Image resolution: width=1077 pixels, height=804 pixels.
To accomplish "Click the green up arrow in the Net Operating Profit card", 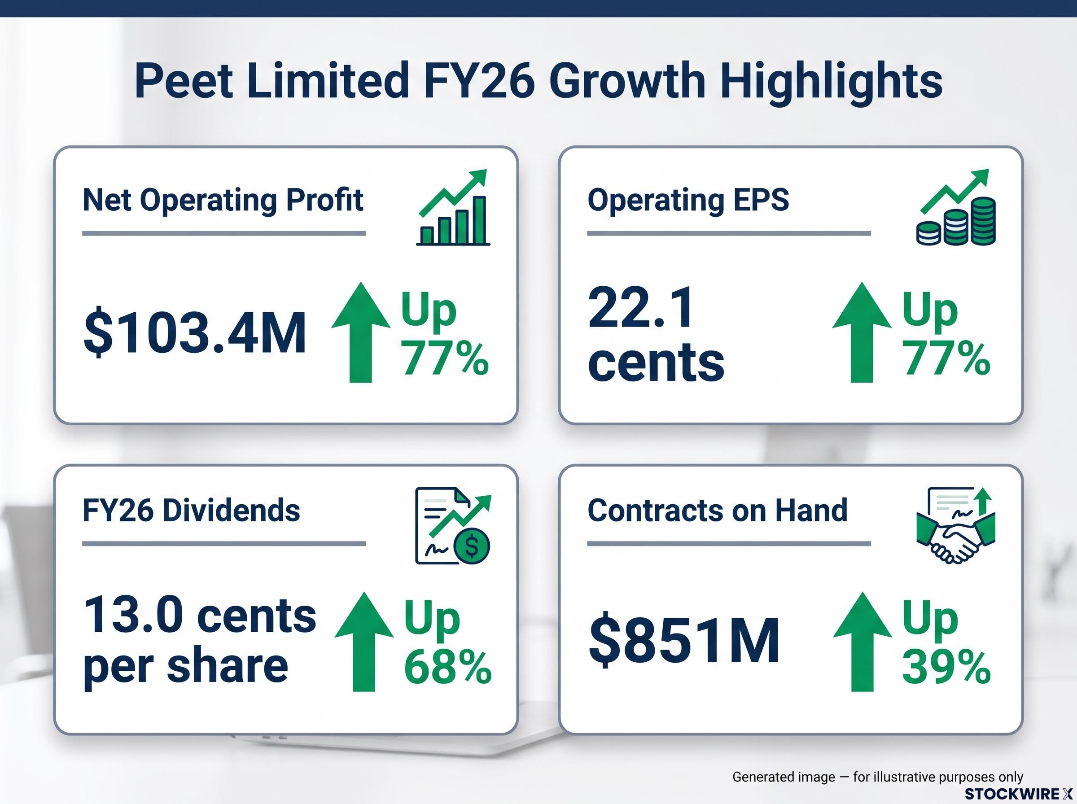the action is (361, 332).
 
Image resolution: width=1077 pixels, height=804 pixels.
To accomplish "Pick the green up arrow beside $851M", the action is (862, 642).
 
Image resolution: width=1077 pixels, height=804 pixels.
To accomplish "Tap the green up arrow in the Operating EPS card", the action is (862, 332).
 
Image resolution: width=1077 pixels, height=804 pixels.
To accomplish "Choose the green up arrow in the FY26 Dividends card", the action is (364, 642).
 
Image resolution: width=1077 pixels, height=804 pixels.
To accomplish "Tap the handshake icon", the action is (956, 526).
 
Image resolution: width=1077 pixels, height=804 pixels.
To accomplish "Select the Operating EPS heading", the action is (688, 200).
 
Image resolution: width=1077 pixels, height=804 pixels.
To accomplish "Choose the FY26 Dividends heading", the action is (191, 511).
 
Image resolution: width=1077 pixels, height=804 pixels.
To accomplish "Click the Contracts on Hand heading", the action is (718, 511).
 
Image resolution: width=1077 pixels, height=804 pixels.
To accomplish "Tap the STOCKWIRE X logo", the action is (1018, 794).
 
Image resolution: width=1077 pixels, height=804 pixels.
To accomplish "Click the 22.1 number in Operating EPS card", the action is (640, 308).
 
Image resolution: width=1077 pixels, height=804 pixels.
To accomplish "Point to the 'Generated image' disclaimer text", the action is (877, 777).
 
